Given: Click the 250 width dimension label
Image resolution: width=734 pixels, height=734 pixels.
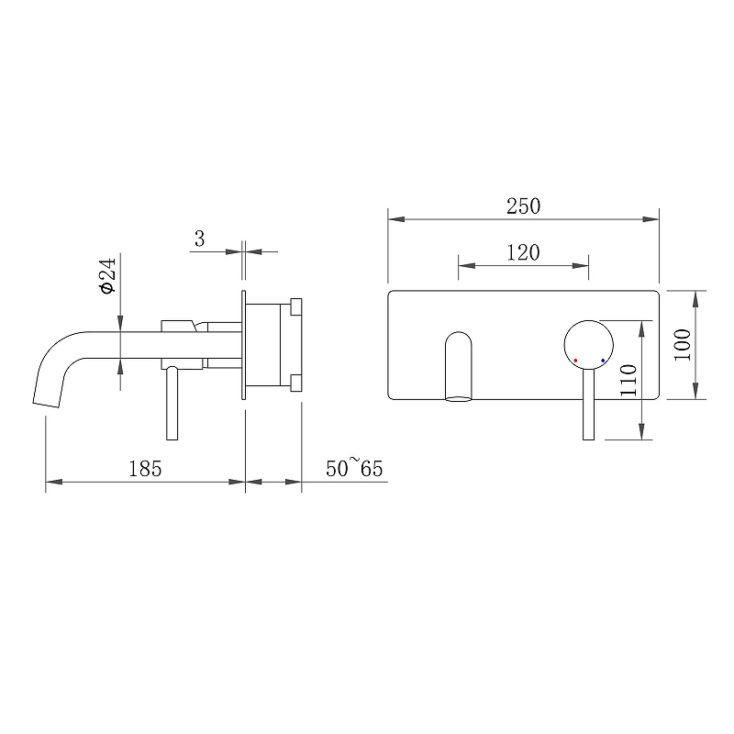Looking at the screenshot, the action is [523, 206].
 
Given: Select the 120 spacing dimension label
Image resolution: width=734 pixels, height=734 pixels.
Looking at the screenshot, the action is [523, 253].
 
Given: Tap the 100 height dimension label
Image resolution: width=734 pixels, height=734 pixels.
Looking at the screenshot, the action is [683, 345].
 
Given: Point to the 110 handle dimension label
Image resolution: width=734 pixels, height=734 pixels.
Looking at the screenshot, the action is [628, 380].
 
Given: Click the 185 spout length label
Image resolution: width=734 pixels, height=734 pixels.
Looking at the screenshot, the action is [145, 469].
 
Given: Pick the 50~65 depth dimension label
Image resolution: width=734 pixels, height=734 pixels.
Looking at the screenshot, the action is [354, 468].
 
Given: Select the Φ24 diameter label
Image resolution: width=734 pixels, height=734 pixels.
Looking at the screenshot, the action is [107, 275].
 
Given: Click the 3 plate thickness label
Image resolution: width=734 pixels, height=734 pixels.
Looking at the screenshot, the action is [200, 239].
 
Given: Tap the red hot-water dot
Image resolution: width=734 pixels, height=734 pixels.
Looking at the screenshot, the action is [575, 361].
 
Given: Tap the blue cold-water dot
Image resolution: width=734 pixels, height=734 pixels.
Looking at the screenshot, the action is [603, 361].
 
